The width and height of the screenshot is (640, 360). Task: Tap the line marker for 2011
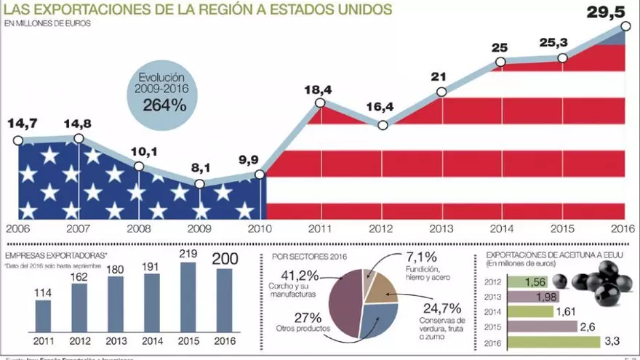[320, 103]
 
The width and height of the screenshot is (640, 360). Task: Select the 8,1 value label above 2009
[201, 168]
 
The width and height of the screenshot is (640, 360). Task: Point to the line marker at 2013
[441, 92]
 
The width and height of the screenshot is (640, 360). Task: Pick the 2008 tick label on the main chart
[139, 228]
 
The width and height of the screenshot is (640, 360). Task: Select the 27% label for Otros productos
[308, 317]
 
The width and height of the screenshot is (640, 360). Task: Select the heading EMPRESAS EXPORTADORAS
[55, 255]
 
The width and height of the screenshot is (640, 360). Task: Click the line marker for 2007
[79, 138]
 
